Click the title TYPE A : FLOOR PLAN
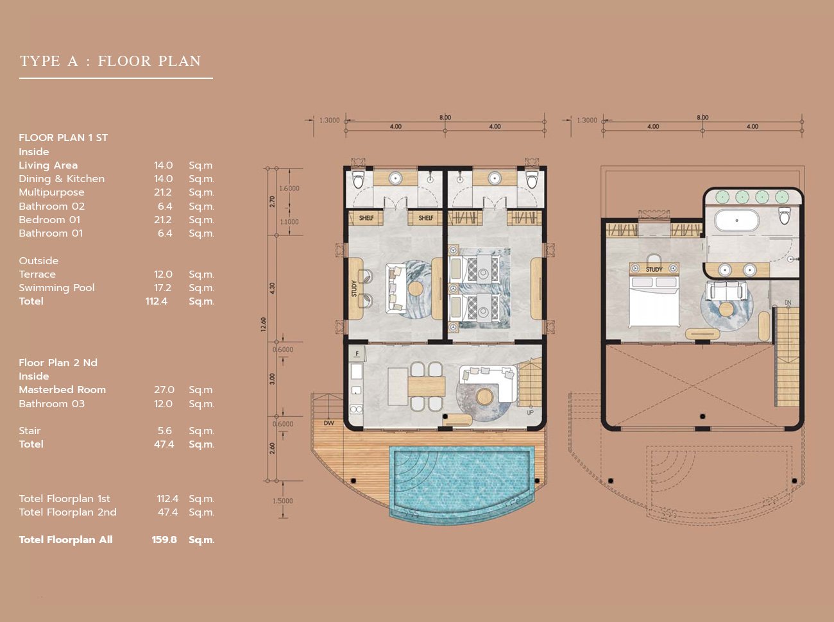click(110, 61)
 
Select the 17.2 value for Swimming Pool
click(162, 288)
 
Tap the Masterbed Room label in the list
click(62, 390)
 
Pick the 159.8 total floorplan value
click(164, 539)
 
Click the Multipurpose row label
click(52, 192)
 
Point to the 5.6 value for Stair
click(164, 431)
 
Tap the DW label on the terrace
click(328, 423)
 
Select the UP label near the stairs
click(530, 412)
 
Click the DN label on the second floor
click(788, 303)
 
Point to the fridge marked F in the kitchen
click(357, 354)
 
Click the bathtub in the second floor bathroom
click(736, 221)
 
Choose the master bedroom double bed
click(654, 301)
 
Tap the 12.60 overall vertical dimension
click(264, 324)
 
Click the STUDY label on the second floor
click(654, 269)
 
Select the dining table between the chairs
click(427, 386)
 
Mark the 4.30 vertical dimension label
click(272, 288)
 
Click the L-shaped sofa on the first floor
click(489, 382)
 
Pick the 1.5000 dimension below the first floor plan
click(283, 501)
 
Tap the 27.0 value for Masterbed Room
click(164, 390)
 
